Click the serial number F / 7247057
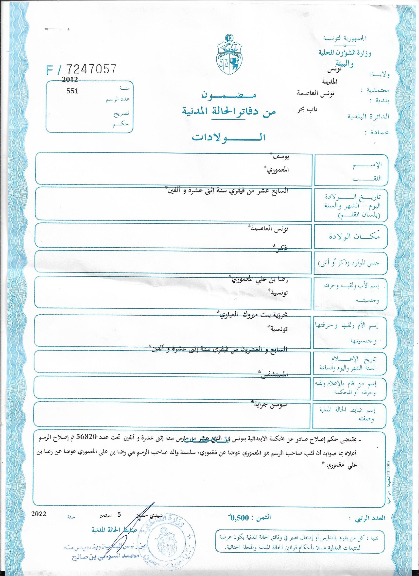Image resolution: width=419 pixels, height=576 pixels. point(82,69)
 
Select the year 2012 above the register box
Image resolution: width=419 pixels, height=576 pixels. point(69,80)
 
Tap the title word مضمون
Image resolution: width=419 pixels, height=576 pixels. point(229,96)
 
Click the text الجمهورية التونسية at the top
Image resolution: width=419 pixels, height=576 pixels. point(345,39)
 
